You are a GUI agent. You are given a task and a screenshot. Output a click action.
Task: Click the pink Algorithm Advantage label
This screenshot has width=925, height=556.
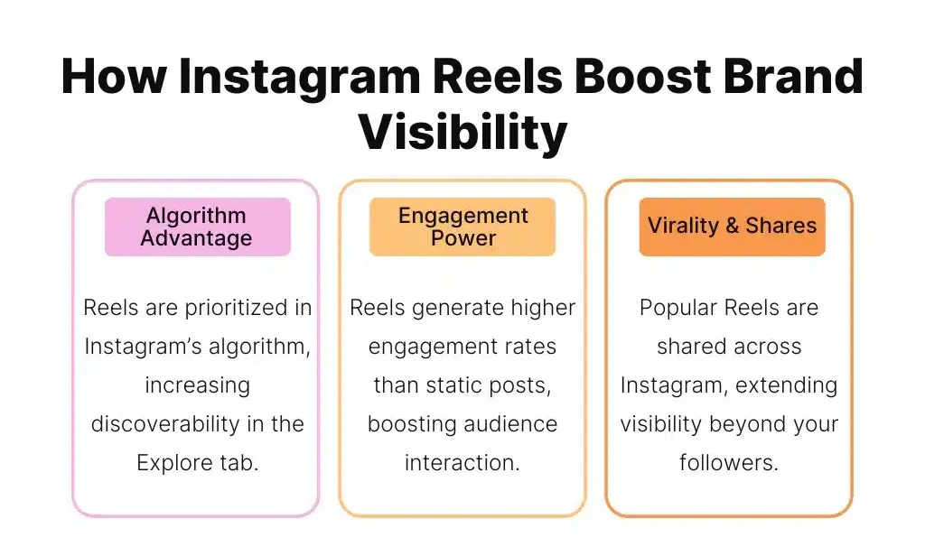(197, 227)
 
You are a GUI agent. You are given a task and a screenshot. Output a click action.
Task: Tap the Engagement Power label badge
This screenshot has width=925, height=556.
(462, 227)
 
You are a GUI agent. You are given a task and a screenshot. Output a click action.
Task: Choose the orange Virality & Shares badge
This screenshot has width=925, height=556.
(732, 226)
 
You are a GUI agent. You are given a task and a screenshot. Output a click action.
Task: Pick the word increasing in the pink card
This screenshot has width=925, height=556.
(197, 385)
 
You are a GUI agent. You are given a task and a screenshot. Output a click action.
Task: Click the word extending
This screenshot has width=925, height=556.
(784, 385)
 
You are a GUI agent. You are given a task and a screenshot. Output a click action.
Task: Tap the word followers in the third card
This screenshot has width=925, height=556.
(728, 463)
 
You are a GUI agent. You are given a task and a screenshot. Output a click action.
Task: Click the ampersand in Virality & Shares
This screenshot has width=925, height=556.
(731, 226)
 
